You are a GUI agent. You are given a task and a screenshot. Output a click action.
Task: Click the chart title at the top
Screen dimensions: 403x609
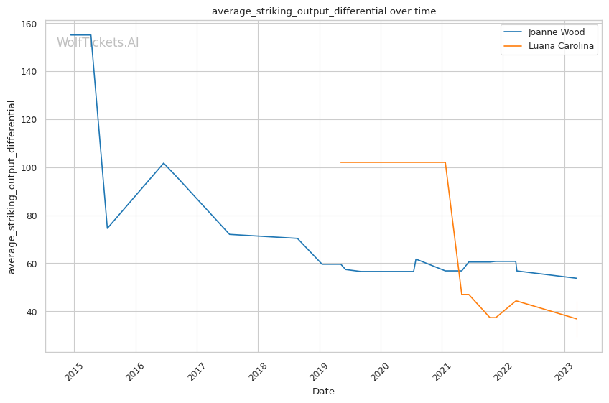point(323,11)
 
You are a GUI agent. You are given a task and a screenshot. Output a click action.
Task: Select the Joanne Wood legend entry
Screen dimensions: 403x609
point(556,32)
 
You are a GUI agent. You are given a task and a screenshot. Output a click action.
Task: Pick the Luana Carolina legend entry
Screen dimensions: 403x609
point(561,46)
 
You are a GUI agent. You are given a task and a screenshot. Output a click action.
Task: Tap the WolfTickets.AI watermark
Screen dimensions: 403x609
point(98,42)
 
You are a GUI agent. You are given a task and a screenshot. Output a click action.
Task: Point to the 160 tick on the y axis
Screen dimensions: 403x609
point(29,24)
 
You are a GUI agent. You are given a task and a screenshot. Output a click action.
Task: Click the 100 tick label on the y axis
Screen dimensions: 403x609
point(29,167)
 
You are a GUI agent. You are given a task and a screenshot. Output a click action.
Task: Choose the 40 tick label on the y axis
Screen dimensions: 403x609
point(32,312)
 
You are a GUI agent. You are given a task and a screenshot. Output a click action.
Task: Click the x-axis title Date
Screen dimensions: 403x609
point(323,392)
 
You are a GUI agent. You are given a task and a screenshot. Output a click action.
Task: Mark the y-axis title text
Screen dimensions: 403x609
point(11,187)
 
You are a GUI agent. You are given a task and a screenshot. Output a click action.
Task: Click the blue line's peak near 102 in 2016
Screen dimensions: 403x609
point(164,163)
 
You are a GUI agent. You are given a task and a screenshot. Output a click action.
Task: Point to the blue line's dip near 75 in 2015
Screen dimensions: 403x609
point(107,228)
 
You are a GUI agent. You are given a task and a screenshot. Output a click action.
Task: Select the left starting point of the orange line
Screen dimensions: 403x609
point(340,162)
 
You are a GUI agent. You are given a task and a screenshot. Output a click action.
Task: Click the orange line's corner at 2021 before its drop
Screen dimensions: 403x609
point(445,162)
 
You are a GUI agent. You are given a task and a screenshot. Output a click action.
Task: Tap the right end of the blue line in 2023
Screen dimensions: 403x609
point(577,278)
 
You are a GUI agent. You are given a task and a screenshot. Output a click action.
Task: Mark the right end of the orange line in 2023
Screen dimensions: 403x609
point(577,319)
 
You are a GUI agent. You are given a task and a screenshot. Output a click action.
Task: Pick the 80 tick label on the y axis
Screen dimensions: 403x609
point(32,216)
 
